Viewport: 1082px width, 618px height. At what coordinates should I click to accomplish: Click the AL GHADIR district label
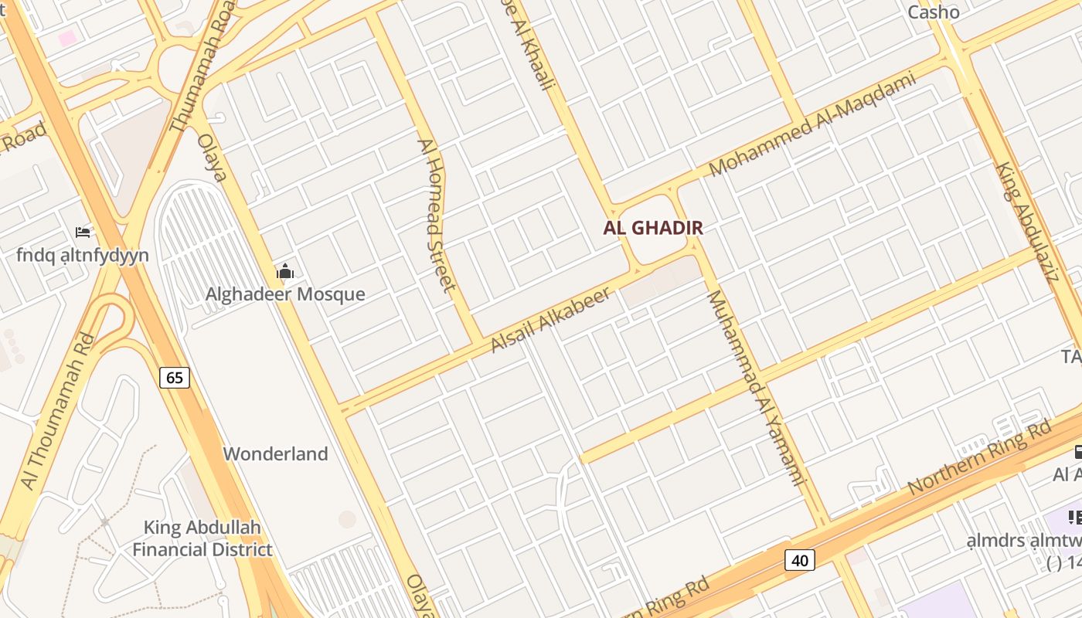click(x=653, y=228)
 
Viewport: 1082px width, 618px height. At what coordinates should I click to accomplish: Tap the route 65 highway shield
click(x=175, y=377)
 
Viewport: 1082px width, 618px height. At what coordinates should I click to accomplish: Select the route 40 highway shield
click(x=799, y=559)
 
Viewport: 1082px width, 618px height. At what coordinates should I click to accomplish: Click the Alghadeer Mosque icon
click(x=285, y=271)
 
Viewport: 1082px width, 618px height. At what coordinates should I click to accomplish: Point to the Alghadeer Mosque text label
click(x=285, y=294)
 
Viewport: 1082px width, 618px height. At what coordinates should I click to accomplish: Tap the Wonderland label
click(x=276, y=453)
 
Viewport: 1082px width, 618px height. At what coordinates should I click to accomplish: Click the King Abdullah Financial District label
click(x=202, y=538)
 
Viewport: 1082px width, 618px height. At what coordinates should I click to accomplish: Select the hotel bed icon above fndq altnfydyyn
click(x=83, y=232)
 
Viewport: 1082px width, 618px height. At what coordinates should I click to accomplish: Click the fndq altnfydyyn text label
click(x=83, y=255)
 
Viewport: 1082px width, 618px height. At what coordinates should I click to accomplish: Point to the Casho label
click(x=934, y=12)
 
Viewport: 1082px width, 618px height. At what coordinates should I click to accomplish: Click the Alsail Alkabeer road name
click(x=551, y=319)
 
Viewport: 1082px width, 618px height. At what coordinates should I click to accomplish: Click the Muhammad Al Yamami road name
click(x=756, y=388)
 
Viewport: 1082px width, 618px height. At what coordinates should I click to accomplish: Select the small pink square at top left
click(x=68, y=38)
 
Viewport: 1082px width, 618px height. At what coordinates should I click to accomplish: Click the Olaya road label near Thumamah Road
click(x=212, y=158)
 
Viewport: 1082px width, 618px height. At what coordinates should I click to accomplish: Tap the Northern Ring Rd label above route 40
click(x=980, y=457)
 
